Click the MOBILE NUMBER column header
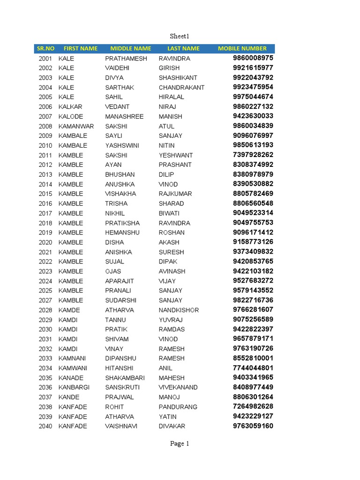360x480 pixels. pyautogui.click(x=242, y=48)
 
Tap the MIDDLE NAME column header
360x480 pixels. pyautogui.click(x=130, y=48)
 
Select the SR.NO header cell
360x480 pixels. pyautogui.click(x=45, y=48)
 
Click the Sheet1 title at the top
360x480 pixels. pyautogui.click(x=179, y=36)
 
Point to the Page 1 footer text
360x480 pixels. pyautogui.click(x=180, y=443)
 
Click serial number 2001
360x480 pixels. pyautogui.click(x=45, y=59)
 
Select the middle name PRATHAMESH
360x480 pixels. pyautogui.click(x=126, y=59)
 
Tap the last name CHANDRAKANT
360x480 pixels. pyautogui.click(x=181, y=88)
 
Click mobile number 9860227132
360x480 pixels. pyautogui.click(x=253, y=106)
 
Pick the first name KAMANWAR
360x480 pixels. pyautogui.click(x=76, y=126)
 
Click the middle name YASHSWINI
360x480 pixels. pyautogui.click(x=122, y=145)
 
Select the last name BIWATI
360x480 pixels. pyautogui.click(x=169, y=213)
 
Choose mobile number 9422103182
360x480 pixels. pyautogui.click(x=253, y=271)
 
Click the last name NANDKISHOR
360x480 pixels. pyautogui.click(x=179, y=310)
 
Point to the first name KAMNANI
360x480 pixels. pyautogui.click(x=73, y=358)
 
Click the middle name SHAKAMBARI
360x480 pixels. pyautogui.click(x=125, y=378)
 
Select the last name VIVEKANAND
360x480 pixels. pyautogui.click(x=178, y=387)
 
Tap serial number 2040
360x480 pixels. pyautogui.click(x=45, y=426)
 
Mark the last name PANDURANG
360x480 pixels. pyautogui.click(x=178, y=407)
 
